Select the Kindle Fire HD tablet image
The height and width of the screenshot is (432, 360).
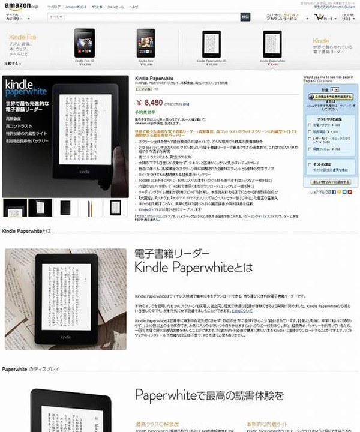coord(84,43)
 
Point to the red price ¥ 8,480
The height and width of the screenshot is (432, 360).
coord(150,102)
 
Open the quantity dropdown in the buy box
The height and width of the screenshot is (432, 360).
coord(334,89)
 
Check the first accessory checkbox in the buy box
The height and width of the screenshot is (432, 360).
coord(309,125)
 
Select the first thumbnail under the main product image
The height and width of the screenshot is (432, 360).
coord(14,207)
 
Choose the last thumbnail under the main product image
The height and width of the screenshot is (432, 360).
coord(115,207)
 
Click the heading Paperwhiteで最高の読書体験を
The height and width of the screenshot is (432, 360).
coord(209,395)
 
